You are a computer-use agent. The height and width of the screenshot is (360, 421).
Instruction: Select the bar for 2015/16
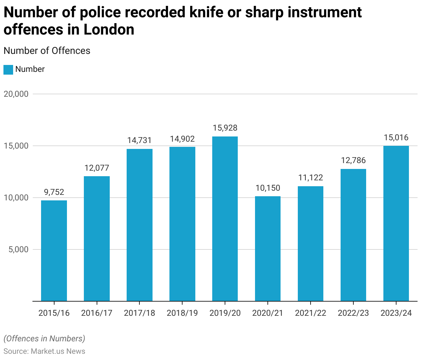coord(54,250)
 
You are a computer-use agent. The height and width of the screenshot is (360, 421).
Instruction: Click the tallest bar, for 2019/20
coord(225,219)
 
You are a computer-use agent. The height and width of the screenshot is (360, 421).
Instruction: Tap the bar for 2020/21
coord(268,248)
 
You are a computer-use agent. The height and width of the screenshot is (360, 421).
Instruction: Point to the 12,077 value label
coord(97,168)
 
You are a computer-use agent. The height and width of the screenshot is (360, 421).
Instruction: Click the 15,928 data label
coord(225,128)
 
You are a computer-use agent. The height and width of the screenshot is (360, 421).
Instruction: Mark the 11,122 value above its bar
coord(311,178)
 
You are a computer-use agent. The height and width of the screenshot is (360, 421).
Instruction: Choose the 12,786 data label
coord(353,160)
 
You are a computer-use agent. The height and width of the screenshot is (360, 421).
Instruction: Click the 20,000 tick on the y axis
coord(16,94)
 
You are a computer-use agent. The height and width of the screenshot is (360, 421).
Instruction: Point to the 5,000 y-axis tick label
coord(18,249)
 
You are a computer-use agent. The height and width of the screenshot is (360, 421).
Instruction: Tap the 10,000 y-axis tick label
coord(16,198)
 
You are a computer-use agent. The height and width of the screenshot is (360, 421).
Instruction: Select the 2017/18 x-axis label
coord(139,313)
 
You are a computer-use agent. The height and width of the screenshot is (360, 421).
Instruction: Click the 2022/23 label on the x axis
coord(353,313)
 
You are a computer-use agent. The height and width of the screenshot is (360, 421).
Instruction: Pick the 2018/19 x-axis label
coord(182,313)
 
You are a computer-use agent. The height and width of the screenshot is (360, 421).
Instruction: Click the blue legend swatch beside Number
coord(8,69)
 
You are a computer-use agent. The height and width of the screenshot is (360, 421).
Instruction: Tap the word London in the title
coord(109,29)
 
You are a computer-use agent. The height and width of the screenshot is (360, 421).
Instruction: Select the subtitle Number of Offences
coord(47,51)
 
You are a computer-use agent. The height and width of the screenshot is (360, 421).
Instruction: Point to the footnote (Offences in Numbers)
coord(44,339)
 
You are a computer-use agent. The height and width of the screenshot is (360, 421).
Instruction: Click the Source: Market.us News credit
coord(44,351)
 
